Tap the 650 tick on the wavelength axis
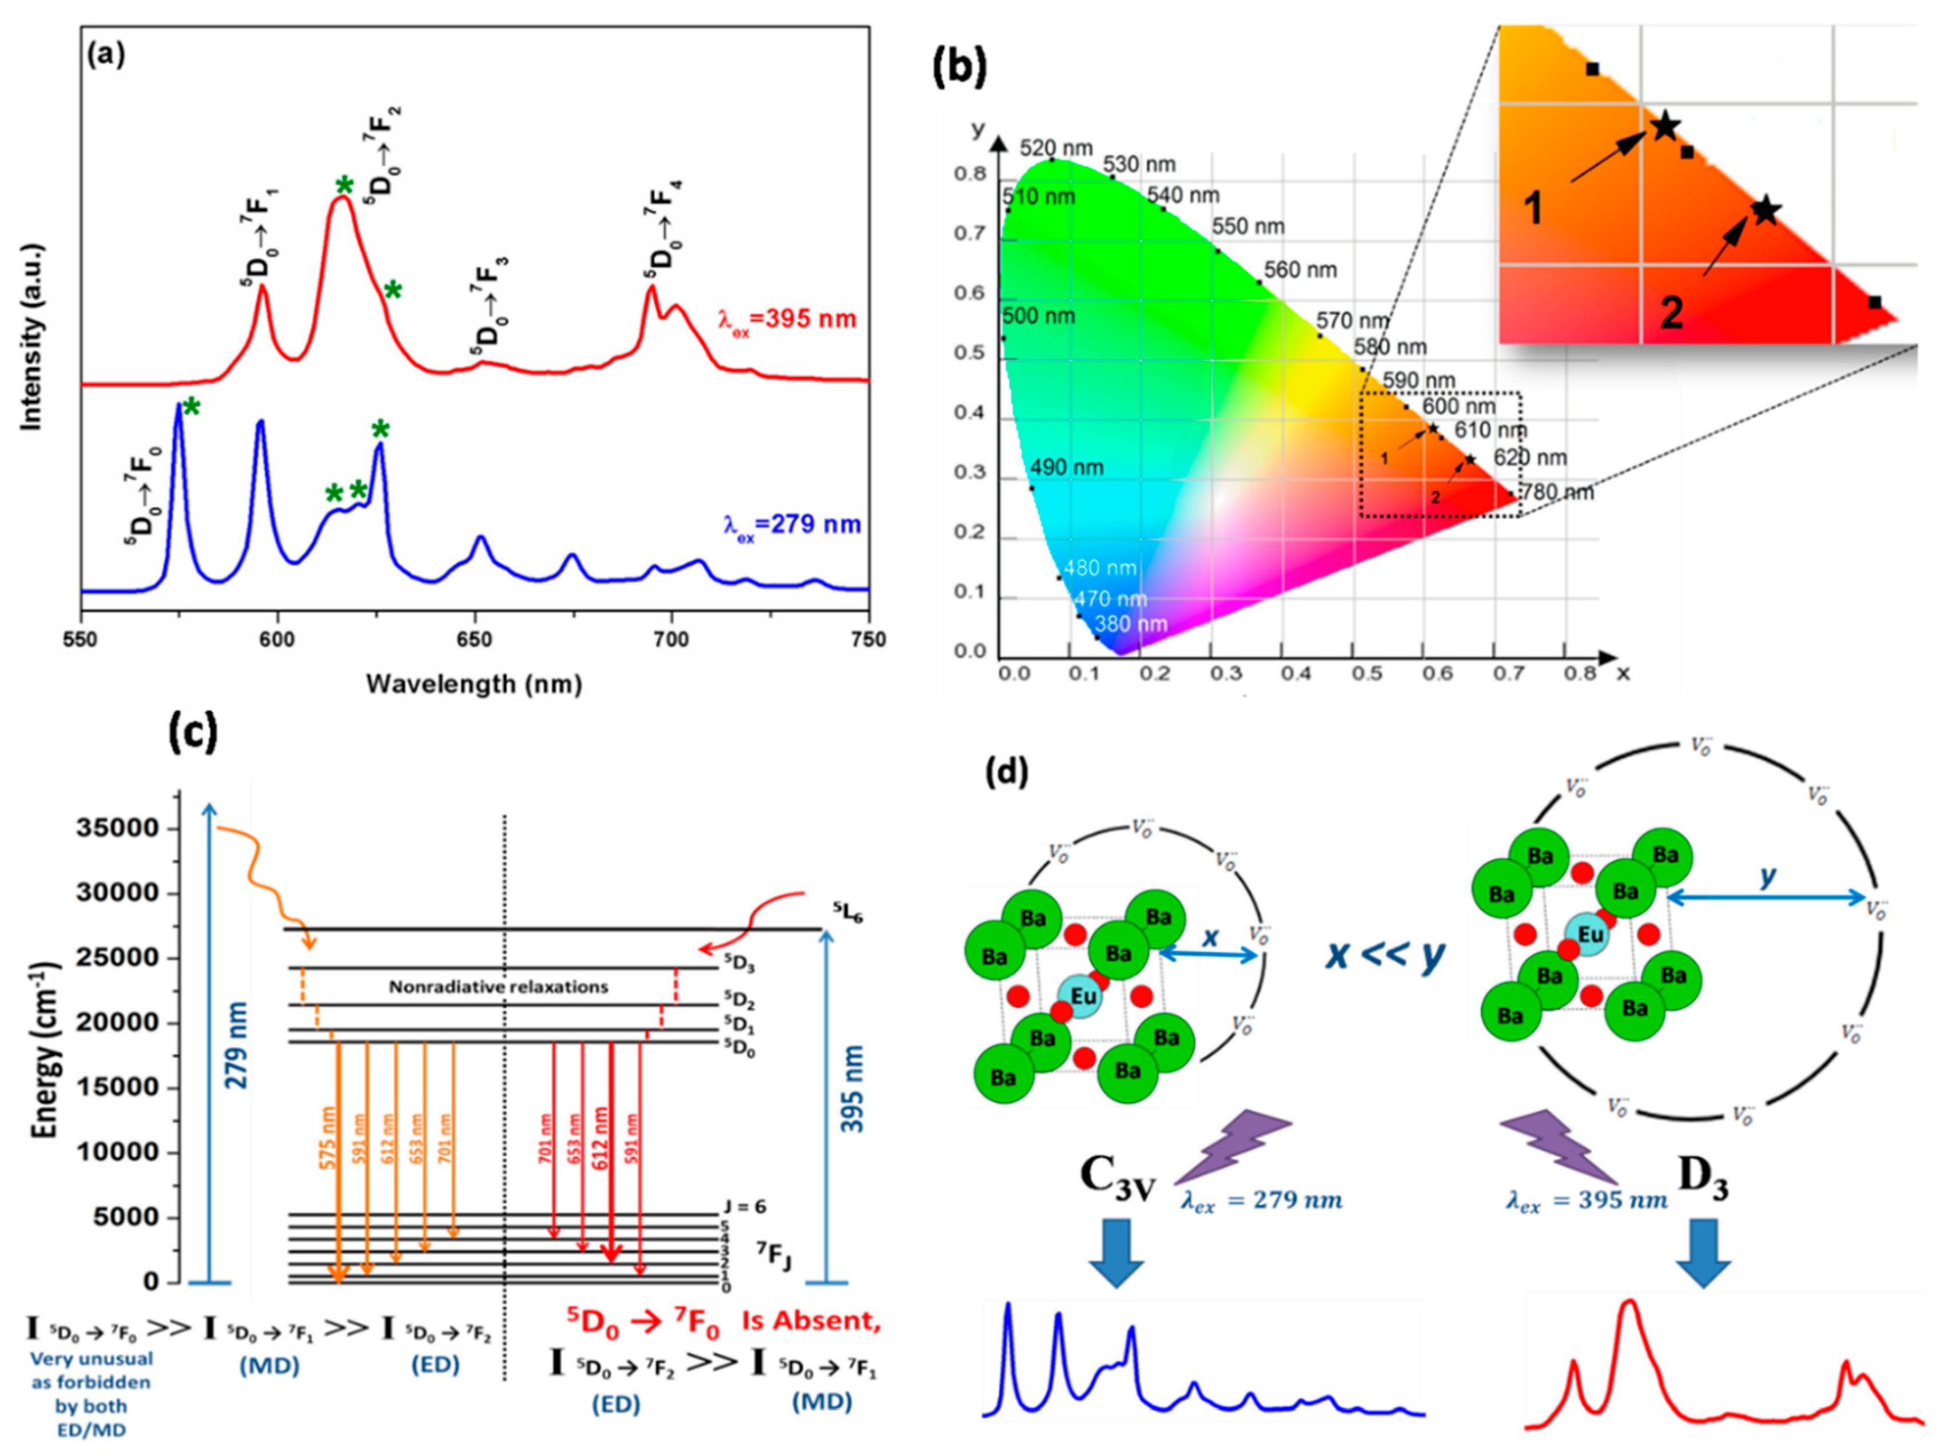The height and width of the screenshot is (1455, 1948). click(475, 641)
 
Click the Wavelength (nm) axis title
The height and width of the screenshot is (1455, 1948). click(474, 685)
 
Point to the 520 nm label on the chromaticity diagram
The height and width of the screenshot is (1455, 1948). click(1056, 148)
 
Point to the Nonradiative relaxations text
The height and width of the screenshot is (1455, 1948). click(499, 987)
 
